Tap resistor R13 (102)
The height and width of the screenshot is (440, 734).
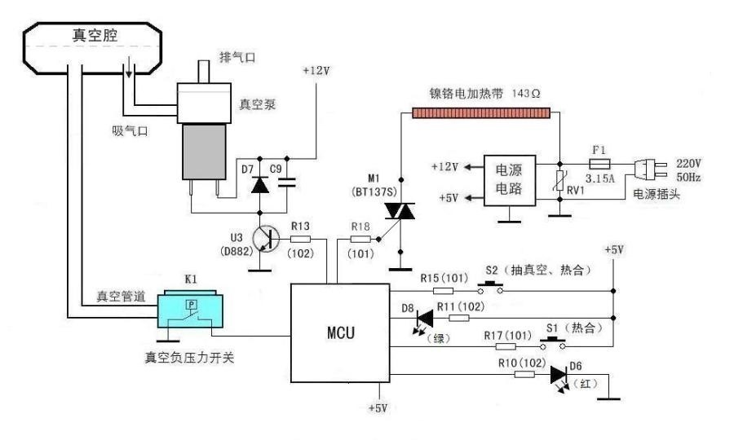300,240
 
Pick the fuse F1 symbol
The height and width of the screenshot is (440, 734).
601,164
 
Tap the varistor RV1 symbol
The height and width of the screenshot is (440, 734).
560,186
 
